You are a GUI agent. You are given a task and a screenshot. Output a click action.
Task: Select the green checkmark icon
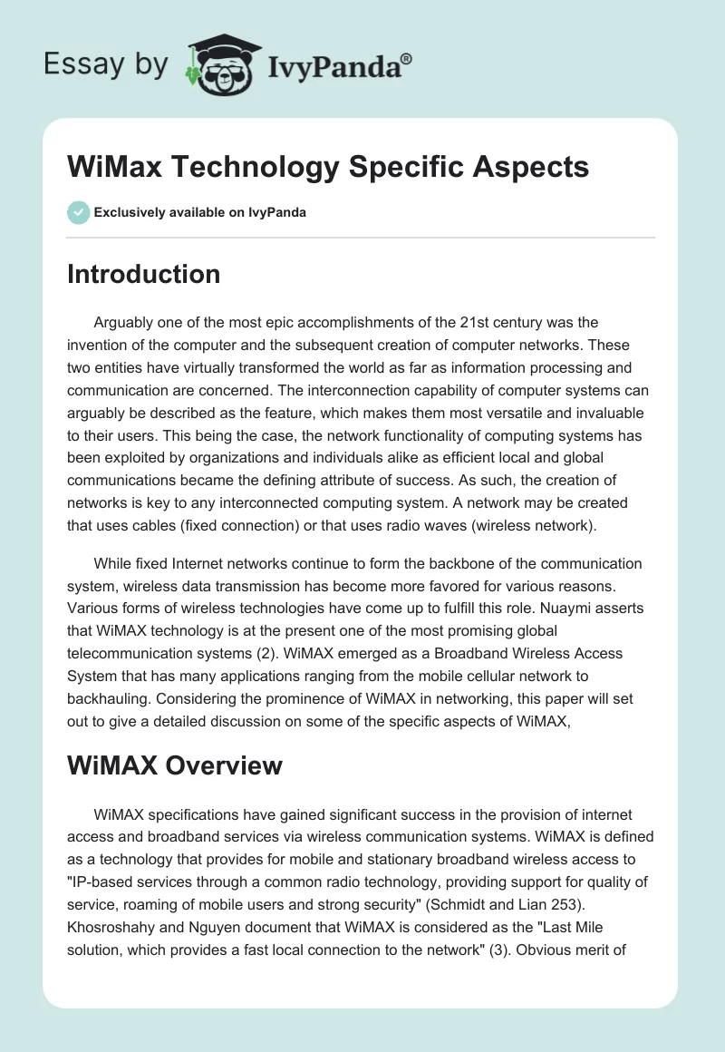[x=78, y=212]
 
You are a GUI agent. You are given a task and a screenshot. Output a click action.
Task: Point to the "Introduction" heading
[x=143, y=274]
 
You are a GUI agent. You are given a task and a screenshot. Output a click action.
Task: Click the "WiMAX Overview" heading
[x=175, y=765]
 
